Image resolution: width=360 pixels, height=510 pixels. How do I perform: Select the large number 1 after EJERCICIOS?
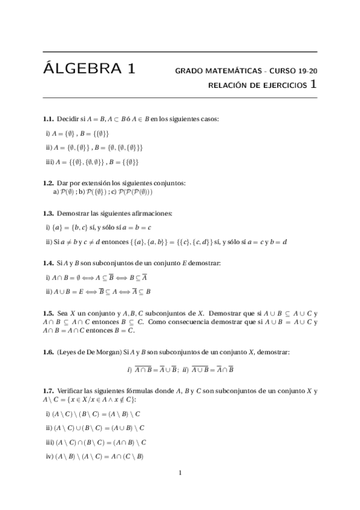tap(314, 85)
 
